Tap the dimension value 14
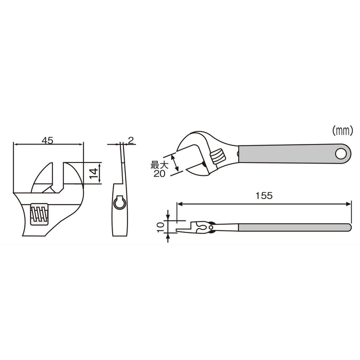(x=94, y=173)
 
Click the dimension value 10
(x=160, y=225)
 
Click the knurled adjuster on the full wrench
(x=219, y=154)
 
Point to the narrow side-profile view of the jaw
(x=120, y=195)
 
